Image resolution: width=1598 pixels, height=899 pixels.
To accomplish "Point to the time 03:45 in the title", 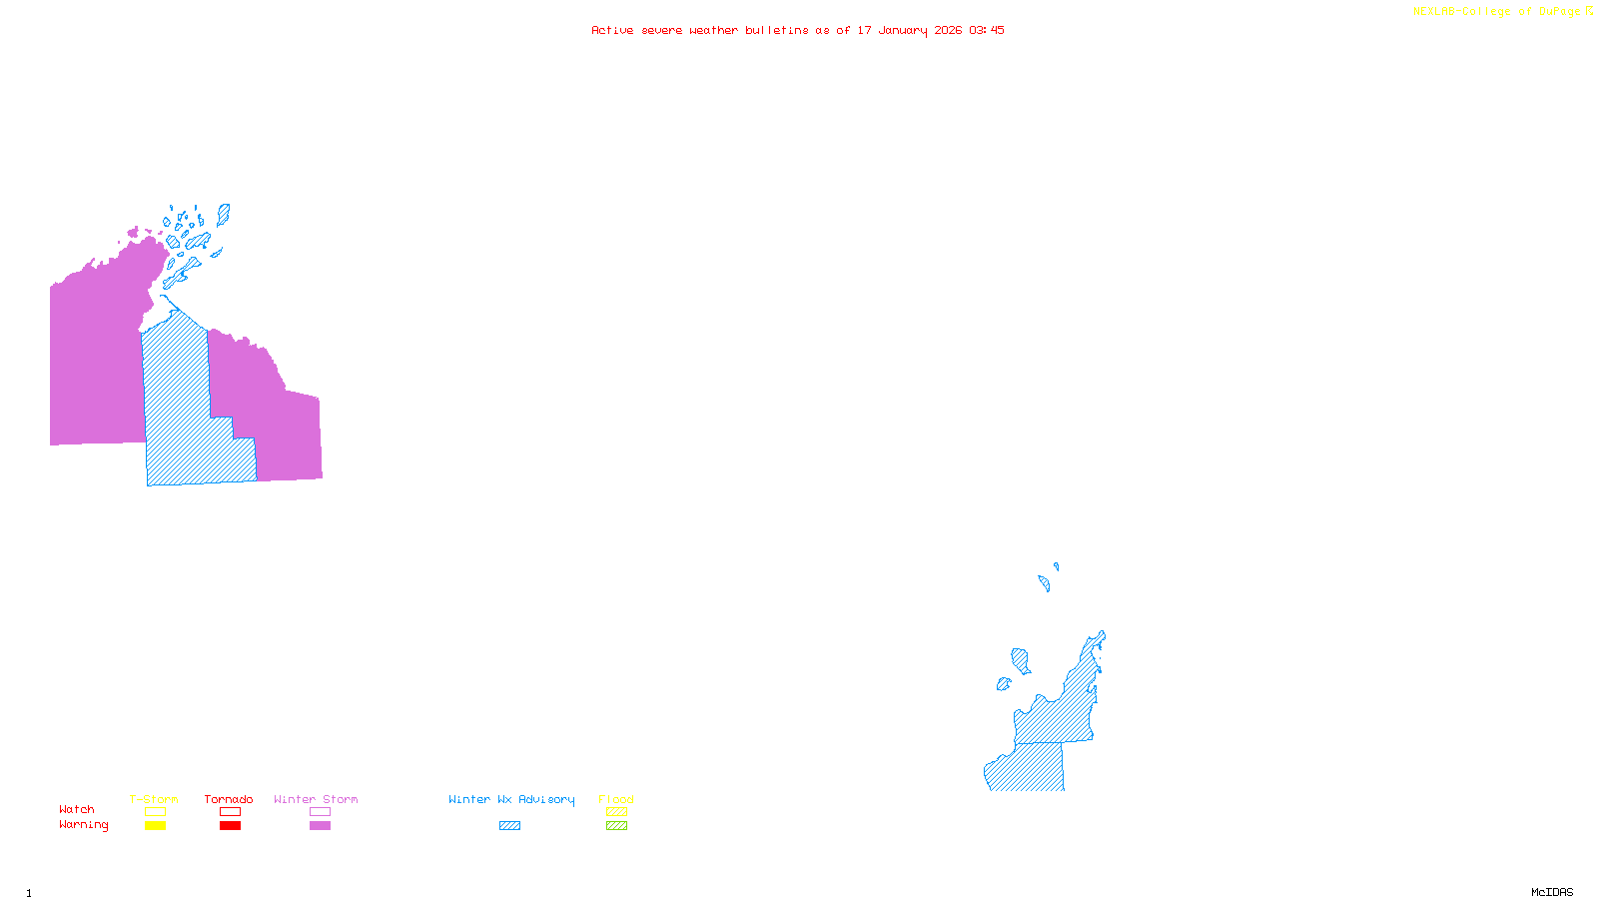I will pyautogui.click(x=986, y=30).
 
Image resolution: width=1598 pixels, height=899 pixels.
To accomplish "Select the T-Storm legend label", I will pyautogui.click(x=154, y=799).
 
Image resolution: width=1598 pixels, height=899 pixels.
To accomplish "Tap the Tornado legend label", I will pyautogui.click(x=229, y=799).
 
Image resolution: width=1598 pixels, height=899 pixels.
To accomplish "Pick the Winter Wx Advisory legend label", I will pyautogui.click(x=511, y=799).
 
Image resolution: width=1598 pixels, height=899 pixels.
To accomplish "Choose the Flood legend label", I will pyautogui.click(x=616, y=799).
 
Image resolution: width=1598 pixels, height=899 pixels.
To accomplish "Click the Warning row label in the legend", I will pyautogui.click(x=83, y=825).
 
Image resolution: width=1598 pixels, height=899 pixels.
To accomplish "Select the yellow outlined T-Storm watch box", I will pyautogui.click(x=155, y=812).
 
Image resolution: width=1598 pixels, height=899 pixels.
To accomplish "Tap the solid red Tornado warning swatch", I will pyautogui.click(x=230, y=826).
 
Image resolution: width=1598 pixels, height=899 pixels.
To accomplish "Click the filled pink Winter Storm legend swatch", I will pyautogui.click(x=320, y=826).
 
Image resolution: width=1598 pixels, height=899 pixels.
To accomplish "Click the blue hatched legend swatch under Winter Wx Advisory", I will pyautogui.click(x=509, y=826).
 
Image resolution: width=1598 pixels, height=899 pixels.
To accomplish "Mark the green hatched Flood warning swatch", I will pyautogui.click(x=616, y=826).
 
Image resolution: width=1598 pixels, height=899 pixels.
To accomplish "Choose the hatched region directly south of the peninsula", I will pyautogui.click(x=1029, y=767).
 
